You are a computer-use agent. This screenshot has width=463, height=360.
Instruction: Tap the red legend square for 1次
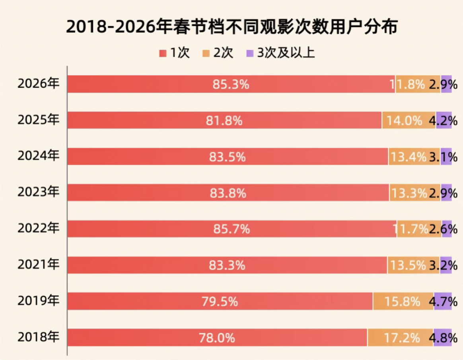[x=162, y=53]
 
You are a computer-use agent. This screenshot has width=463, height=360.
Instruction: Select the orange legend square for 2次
[x=206, y=53]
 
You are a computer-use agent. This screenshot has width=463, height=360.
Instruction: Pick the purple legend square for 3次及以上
[x=249, y=53]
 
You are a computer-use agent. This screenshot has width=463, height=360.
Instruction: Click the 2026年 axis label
[x=38, y=84]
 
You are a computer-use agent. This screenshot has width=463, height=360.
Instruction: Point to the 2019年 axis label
[x=38, y=301]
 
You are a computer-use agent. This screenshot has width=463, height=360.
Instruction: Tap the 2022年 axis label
[x=38, y=229]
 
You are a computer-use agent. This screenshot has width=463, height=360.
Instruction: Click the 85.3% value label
[x=231, y=84]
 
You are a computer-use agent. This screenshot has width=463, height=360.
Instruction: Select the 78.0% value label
[x=217, y=338]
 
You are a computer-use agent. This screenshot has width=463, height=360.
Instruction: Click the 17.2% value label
[x=402, y=338]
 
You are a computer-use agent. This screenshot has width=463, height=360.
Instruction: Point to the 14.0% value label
[x=404, y=120]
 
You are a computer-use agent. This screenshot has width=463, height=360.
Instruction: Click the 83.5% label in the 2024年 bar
[x=228, y=157]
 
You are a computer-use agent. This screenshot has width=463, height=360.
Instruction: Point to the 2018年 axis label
[x=38, y=337]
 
